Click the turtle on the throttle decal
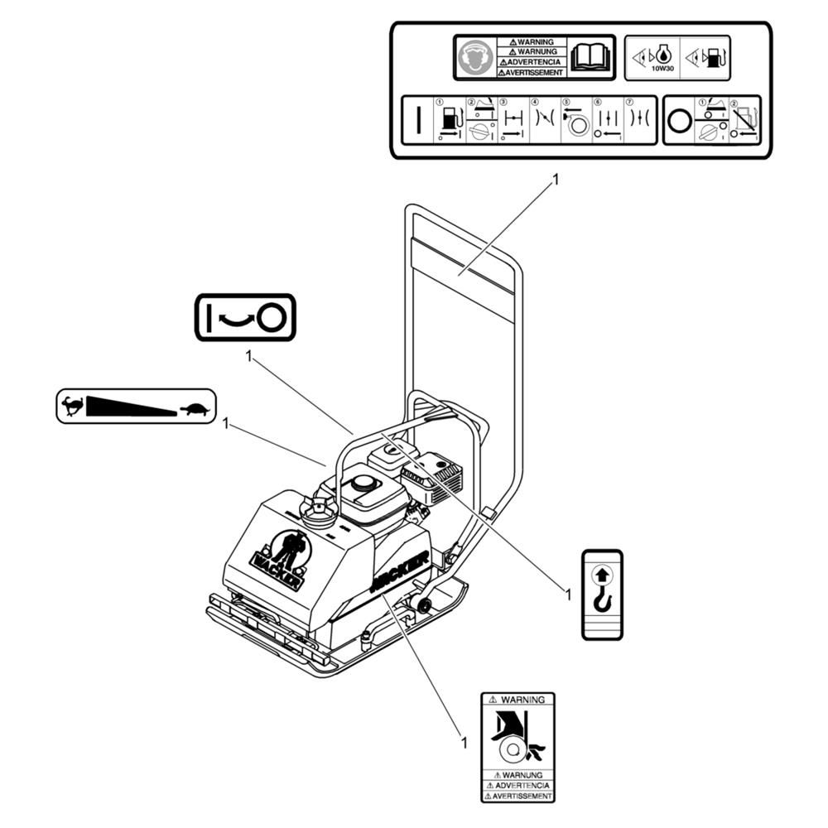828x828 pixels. click(196, 407)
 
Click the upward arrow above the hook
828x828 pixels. click(602, 570)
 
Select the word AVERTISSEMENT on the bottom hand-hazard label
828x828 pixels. click(518, 796)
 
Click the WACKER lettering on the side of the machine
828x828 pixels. click(400, 571)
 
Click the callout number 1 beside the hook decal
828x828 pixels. click(567, 593)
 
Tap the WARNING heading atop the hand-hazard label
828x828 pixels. click(517, 700)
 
